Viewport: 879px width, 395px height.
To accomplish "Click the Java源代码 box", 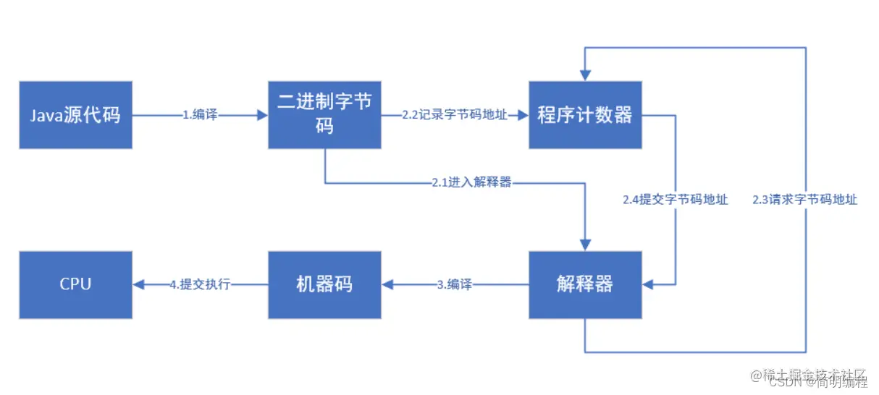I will click(75, 115).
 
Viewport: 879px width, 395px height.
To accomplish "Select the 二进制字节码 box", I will click(324, 115).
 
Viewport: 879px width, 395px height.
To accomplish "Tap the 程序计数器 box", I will click(585, 115).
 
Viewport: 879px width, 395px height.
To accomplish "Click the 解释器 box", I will click(585, 285).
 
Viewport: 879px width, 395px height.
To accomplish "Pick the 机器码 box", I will click(324, 285).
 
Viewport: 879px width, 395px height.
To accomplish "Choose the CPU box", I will click(75, 285).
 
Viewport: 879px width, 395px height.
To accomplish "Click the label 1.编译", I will click(201, 115).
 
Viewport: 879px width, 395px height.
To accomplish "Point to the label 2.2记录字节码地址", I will click(455, 115).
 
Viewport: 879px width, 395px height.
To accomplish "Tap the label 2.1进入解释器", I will click(471, 182).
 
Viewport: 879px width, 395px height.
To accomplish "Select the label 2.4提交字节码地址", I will click(675, 200).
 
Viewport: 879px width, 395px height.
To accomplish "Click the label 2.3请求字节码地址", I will click(804, 200).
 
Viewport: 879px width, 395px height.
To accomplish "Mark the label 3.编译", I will click(455, 285).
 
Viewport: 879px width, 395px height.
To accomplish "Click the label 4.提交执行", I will click(200, 285).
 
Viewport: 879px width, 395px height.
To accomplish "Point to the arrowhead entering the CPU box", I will click(138, 285).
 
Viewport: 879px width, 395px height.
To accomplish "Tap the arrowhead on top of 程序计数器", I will click(585, 76).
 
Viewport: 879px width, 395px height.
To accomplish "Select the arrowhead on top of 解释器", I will click(585, 246).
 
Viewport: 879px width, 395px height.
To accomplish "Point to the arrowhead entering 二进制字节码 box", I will click(262, 115).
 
